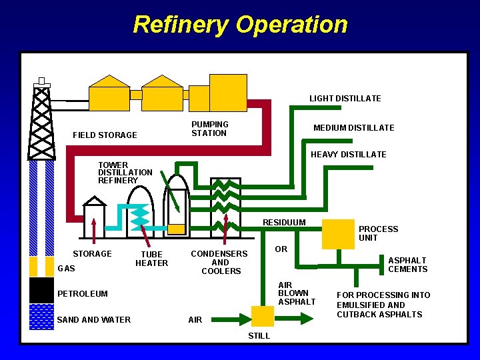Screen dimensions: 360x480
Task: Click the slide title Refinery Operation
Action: coord(240,25)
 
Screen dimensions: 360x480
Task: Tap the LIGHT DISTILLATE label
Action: coord(345,99)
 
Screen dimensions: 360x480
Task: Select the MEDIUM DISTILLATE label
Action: coord(353,128)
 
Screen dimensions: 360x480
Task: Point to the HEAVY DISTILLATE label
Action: coord(349,155)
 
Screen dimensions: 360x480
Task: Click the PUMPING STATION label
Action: coord(209,129)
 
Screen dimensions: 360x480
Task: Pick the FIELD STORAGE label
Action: coord(105,135)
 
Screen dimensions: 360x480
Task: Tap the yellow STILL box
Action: coord(262,316)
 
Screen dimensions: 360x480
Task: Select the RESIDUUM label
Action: coord(284,223)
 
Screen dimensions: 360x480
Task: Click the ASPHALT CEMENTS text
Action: coord(407,265)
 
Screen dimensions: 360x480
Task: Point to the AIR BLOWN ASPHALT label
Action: coord(296,293)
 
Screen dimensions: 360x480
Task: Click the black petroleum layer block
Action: coord(41,290)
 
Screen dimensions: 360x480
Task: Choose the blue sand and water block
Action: coord(41,317)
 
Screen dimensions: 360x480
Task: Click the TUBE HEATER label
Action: coord(151,259)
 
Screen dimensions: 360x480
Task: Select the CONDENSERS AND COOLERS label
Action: coord(219,262)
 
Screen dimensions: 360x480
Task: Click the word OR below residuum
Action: coord(281,249)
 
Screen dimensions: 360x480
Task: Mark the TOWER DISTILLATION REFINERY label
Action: coord(125,173)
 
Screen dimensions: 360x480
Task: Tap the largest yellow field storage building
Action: coord(228,92)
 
